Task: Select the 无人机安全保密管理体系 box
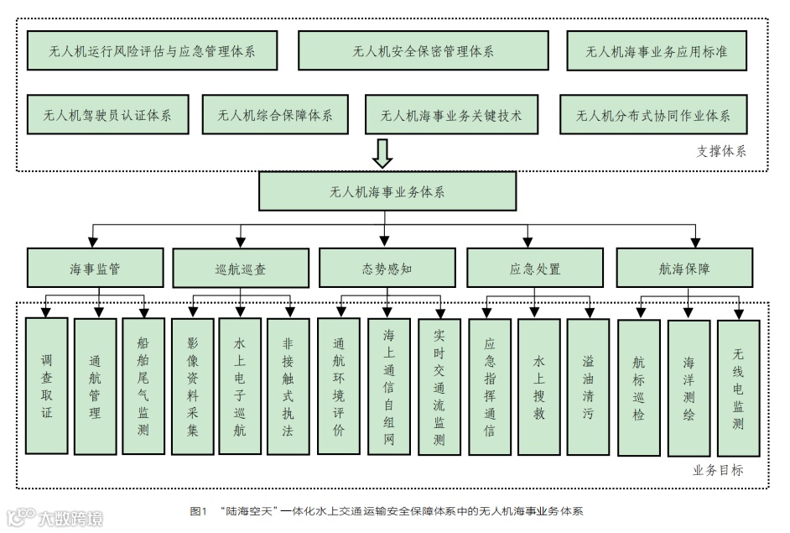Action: [424, 51]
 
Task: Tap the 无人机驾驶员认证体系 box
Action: [107, 115]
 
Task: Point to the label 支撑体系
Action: [720, 152]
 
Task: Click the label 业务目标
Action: [718, 470]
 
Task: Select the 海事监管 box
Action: [94, 269]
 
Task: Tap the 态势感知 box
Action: [387, 269]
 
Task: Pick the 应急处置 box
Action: [534, 269]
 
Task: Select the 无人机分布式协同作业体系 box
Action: [652, 115]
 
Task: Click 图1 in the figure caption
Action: [199, 510]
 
